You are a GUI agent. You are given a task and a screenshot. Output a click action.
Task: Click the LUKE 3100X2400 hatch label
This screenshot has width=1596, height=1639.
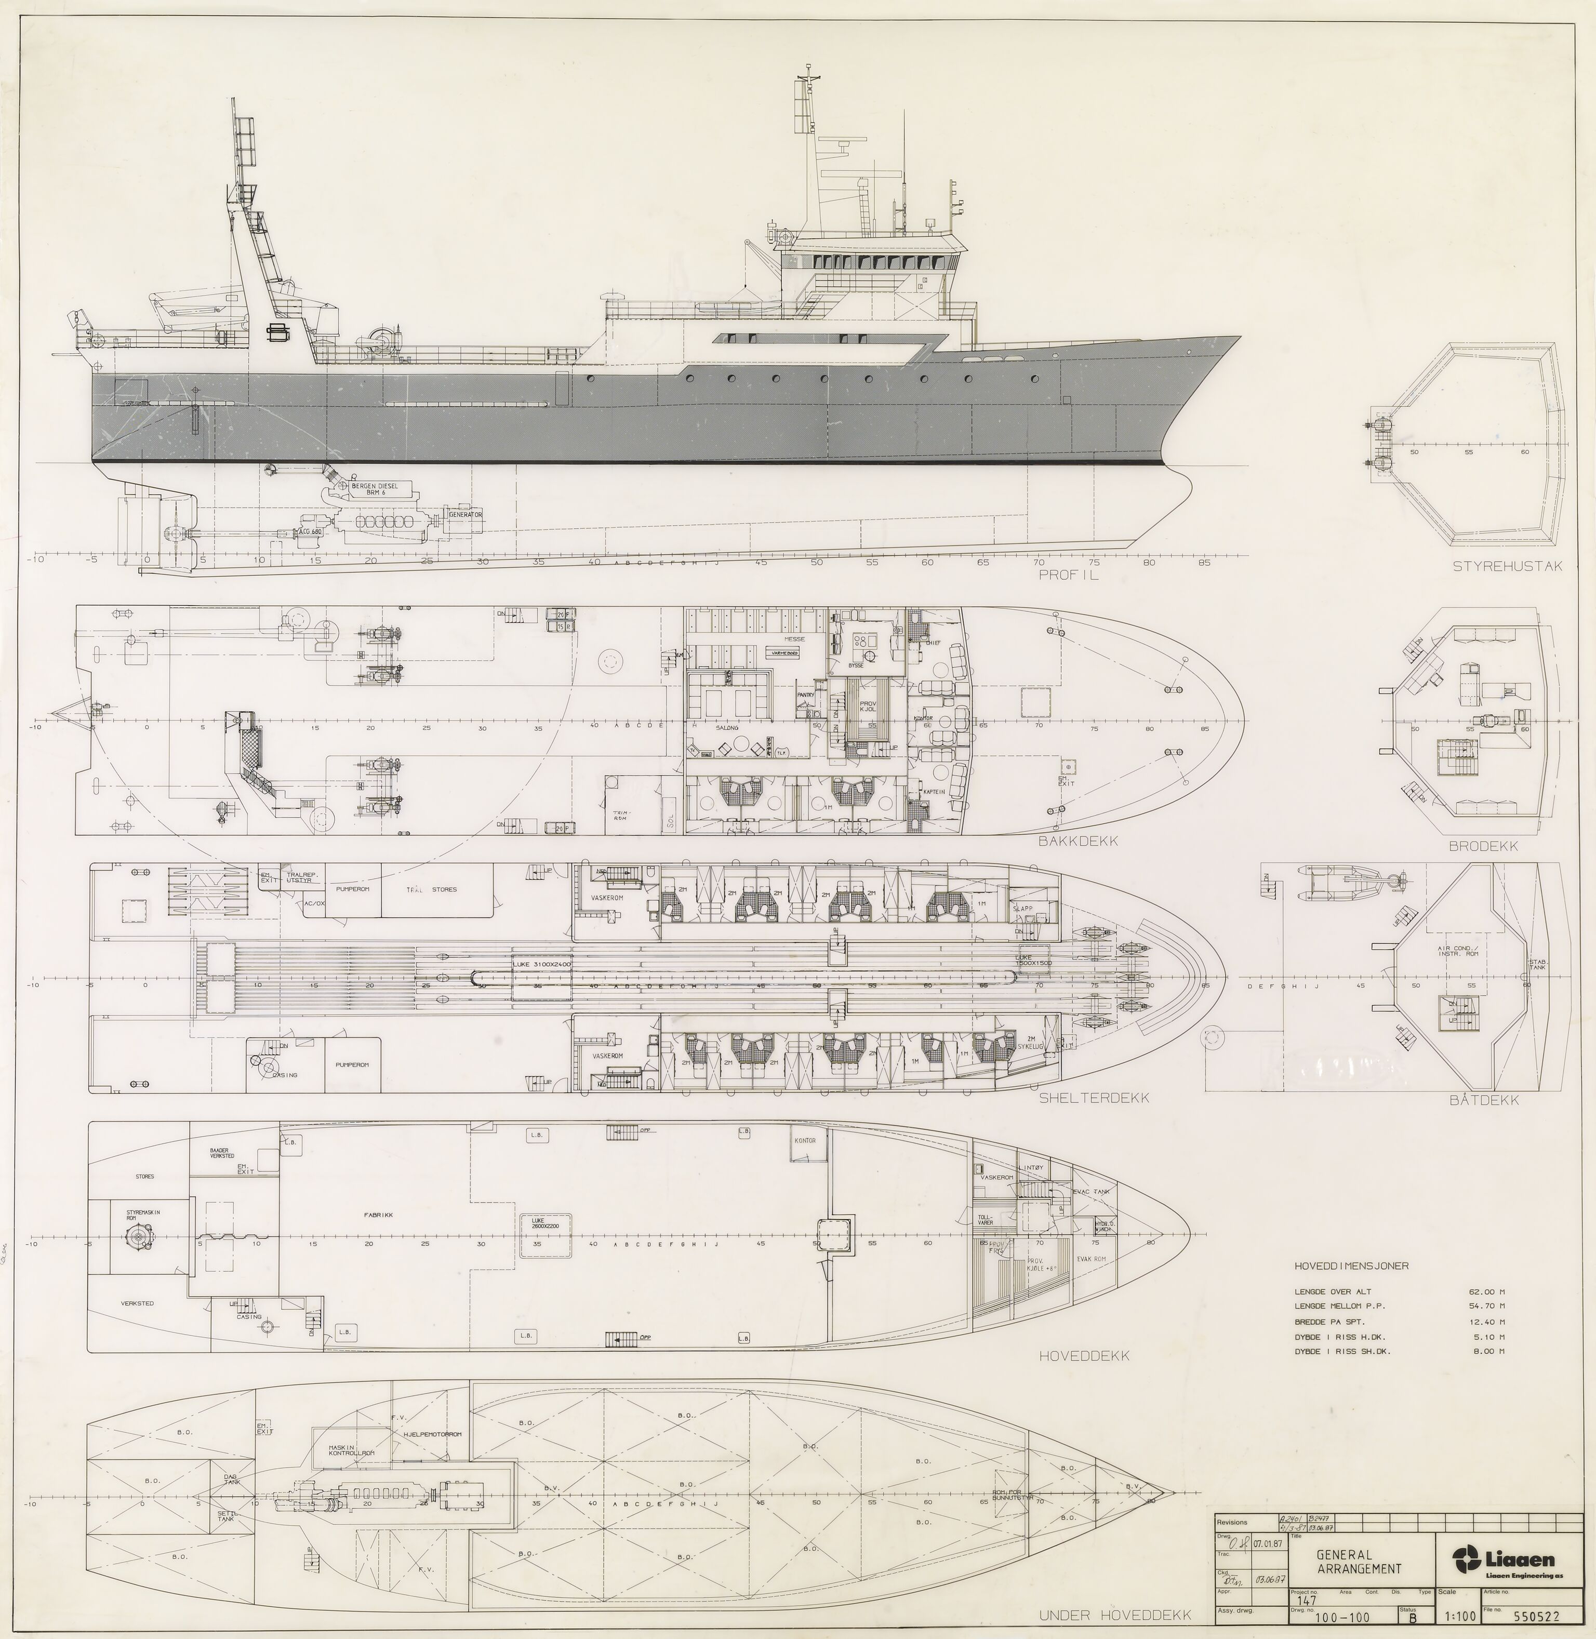pos(541,965)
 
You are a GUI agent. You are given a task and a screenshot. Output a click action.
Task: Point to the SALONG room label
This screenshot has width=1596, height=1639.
pos(727,728)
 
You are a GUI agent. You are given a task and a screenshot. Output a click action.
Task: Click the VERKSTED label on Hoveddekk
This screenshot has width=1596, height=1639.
pos(137,1303)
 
